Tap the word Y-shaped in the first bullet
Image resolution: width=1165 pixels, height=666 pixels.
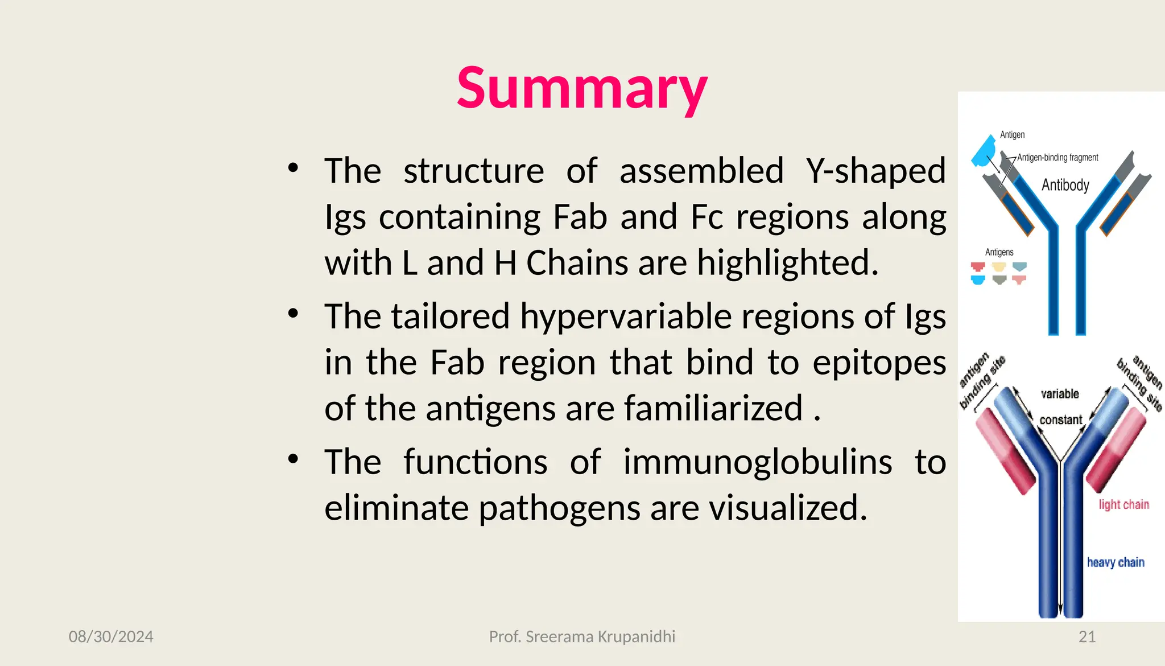point(875,171)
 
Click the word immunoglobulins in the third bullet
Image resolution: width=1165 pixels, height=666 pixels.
point(757,462)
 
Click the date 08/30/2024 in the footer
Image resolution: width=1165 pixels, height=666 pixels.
point(111,636)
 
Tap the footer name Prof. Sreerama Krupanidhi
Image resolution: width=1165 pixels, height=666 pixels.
point(582,636)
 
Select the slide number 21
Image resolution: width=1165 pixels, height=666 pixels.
point(1086,636)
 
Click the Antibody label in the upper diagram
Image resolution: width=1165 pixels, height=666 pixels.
point(1065,185)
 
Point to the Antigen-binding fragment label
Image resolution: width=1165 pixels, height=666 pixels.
point(1057,158)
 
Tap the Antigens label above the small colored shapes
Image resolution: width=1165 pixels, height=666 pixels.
point(999,252)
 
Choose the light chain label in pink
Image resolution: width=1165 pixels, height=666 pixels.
point(1123,505)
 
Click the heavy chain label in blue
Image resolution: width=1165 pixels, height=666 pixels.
point(1115,562)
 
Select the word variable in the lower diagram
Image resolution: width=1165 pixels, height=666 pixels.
point(1059,394)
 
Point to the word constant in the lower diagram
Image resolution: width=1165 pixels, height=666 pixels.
point(1060,420)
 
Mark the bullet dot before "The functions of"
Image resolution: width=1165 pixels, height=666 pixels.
point(293,459)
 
